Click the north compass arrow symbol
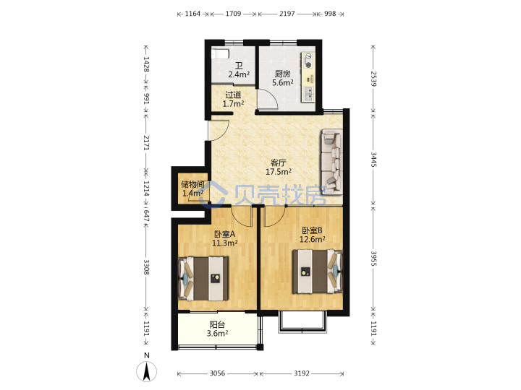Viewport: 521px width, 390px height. click(x=146, y=371)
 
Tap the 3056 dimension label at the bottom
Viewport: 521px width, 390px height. click(x=217, y=373)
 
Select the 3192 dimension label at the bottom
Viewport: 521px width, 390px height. click(x=302, y=373)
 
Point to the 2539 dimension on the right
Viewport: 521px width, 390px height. click(x=373, y=79)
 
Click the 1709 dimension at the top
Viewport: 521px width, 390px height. click(x=233, y=14)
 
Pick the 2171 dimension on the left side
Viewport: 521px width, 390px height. click(x=146, y=142)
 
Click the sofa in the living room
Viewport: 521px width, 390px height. click(x=331, y=162)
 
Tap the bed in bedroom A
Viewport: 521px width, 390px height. click(x=203, y=278)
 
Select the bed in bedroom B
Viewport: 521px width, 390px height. click(x=318, y=272)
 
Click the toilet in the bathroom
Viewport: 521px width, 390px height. click(x=220, y=53)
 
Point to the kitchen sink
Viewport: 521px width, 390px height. click(x=309, y=93)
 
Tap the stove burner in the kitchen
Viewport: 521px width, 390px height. click(x=308, y=65)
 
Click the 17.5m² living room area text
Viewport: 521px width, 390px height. click(x=279, y=171)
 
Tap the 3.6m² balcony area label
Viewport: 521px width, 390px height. click(x=217, y=333)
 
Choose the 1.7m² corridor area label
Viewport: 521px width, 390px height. click(x=233, y=103)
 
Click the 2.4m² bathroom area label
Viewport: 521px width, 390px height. click(x=239, y=74)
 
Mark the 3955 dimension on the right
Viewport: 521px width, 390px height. click(x=373, y=259)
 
